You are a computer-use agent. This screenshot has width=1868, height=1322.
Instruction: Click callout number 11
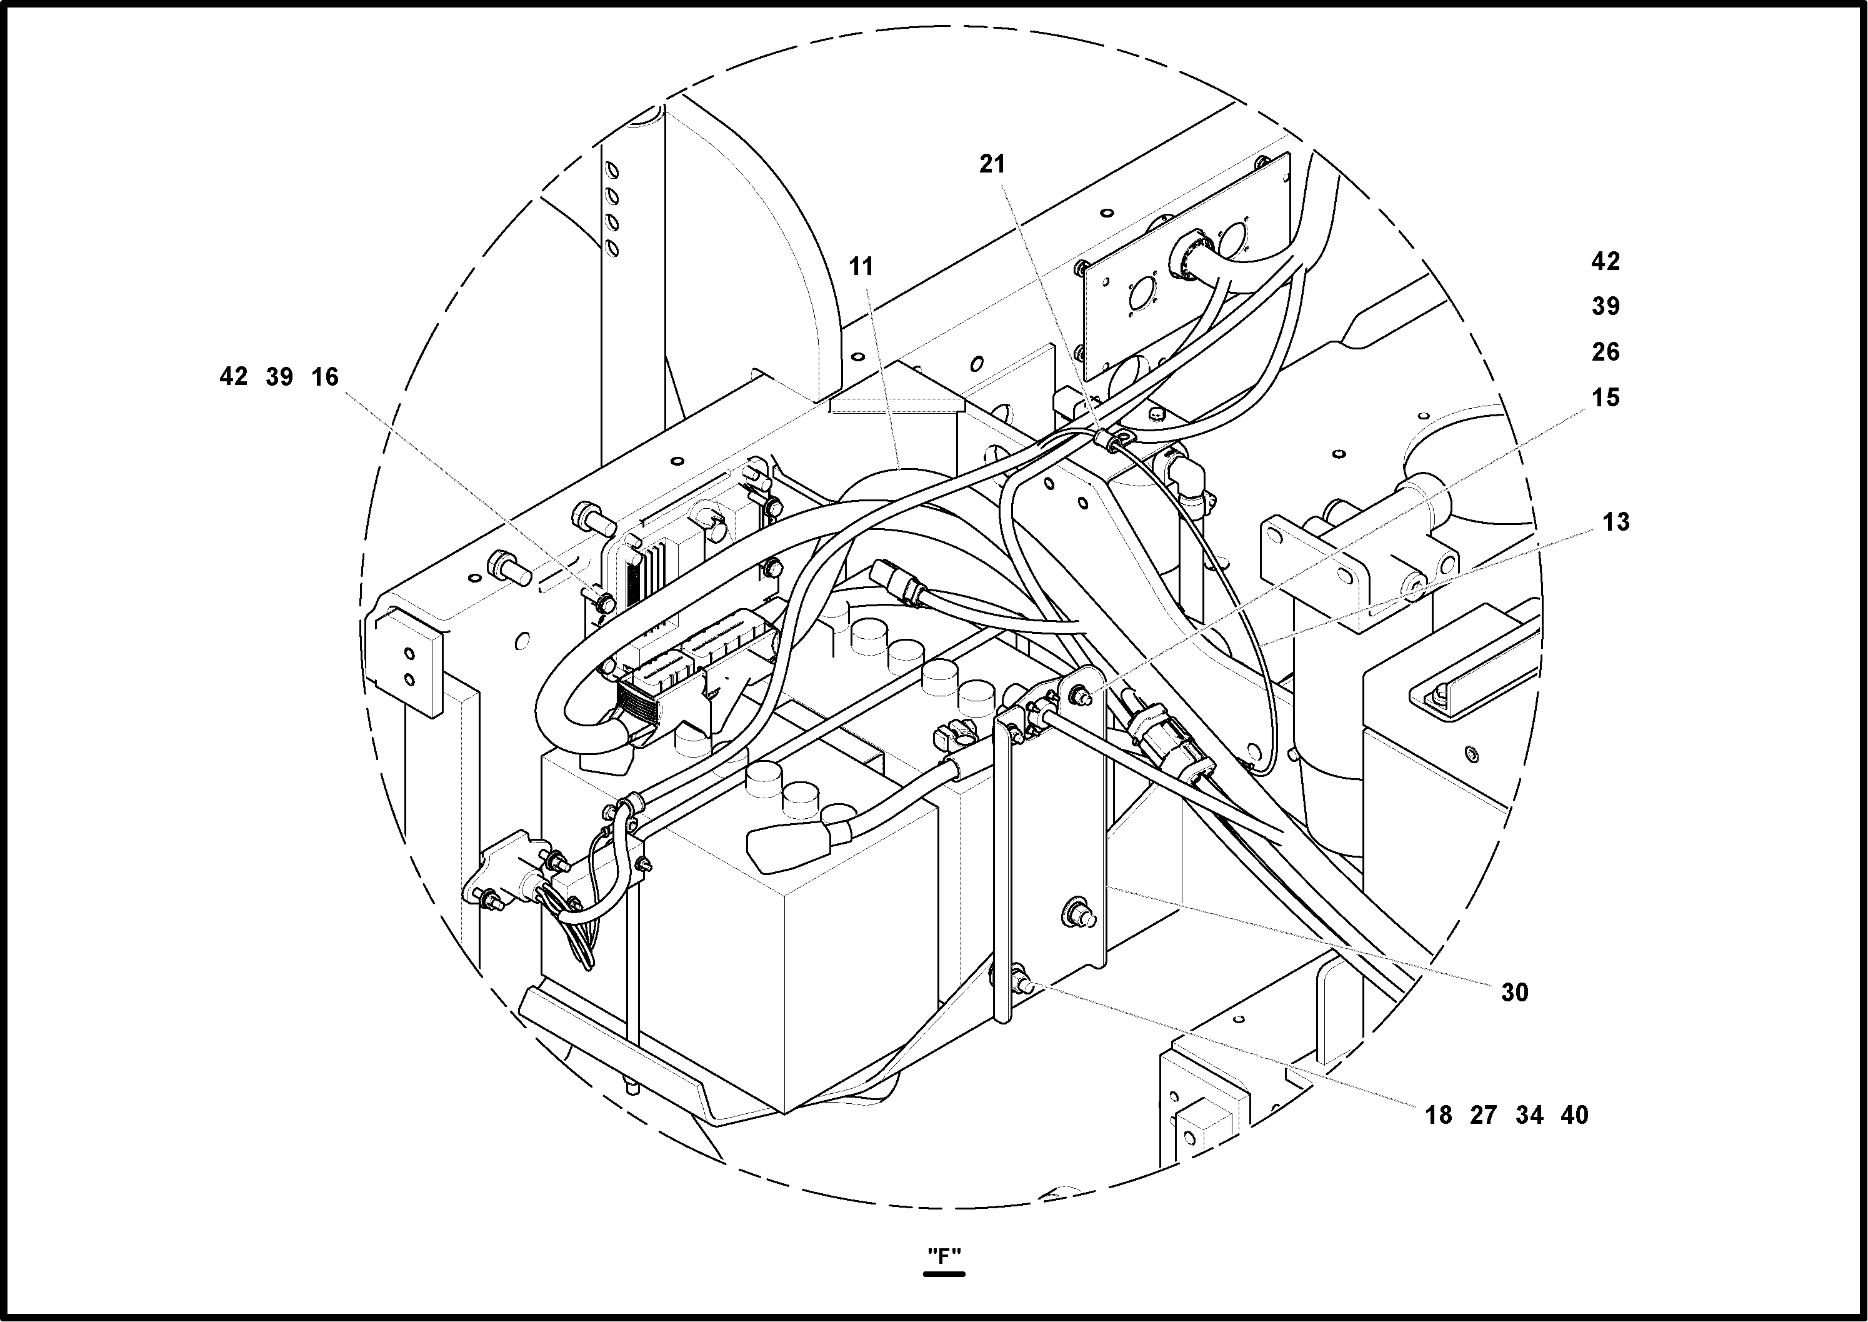point(861,266)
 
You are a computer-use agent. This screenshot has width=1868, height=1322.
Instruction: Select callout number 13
point(1616,522)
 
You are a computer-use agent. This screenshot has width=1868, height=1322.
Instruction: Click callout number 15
point(1605,398)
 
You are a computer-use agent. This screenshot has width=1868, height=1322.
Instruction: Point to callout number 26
point(1605,353)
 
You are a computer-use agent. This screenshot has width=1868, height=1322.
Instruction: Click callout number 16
point(325,377)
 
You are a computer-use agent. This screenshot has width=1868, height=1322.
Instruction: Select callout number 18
point(1438,1115)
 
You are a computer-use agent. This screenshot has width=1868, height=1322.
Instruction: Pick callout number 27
point(1483,1115)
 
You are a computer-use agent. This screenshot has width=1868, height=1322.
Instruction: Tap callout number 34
point(1529,1115)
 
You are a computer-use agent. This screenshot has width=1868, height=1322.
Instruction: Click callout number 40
point(1574,1115)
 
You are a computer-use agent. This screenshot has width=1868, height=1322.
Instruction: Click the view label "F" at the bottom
point(944,1256)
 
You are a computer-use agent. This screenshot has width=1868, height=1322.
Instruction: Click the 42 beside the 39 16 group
point(234,377)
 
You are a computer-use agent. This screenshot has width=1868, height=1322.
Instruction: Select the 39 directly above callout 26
point(1605,307)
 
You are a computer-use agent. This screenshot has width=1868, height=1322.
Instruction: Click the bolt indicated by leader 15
point(1083,694)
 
